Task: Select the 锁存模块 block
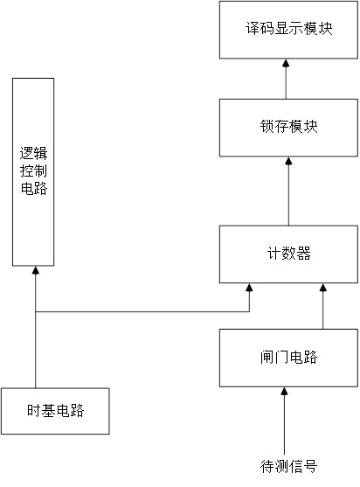coord(288,127)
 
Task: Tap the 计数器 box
coord(288,254)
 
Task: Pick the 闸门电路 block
coord(288,358)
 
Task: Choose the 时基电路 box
coord(56,410)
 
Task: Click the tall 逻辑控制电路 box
coord(34,171)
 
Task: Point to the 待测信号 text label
coord(288,465)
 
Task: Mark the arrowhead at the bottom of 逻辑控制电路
coord(34,271)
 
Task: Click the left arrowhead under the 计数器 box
coord(249,289)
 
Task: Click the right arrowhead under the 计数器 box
coord(322,289)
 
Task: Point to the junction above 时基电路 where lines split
coord(34,311)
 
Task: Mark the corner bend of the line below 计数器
coord(249,311)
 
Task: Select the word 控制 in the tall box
coord(34,171)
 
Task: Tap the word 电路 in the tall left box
coord(34,190)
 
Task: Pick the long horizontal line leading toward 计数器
coord(140,311)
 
